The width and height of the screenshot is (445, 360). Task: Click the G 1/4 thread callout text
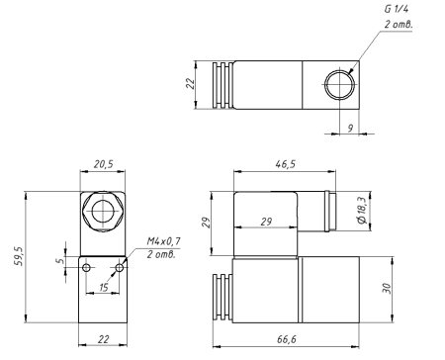click(x=397, y=9)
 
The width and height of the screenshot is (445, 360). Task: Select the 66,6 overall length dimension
click(x=287, y=339)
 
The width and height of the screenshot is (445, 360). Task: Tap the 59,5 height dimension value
click(x=19, y=256)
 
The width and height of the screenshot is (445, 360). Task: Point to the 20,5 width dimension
click(x=103, y=164)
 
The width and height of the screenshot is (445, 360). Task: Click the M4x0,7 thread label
click(x=163, y=241)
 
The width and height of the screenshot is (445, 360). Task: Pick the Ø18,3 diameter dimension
click(x=362, y=211)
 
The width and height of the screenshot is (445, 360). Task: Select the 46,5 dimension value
click(x=286, y=164)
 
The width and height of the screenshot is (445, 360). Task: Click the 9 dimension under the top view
click(x=350, y=128)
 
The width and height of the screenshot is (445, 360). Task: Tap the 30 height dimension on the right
click(x=387, y=289)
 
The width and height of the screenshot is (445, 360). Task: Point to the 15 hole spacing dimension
click(x=104, y=287)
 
